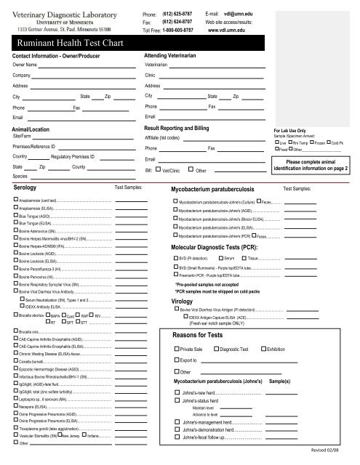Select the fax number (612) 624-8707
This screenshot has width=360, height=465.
177,22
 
